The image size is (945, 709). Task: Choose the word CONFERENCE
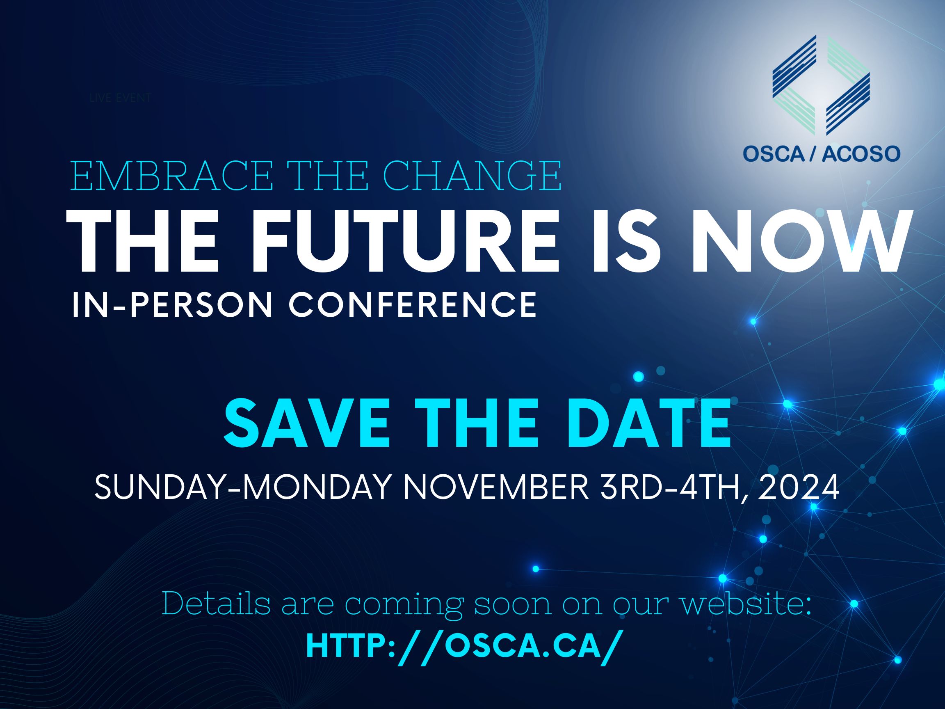click(x=413, y=305)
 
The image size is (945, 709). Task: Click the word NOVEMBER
click(x=496, y=487)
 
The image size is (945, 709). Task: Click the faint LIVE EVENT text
click(x=121, y=98)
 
